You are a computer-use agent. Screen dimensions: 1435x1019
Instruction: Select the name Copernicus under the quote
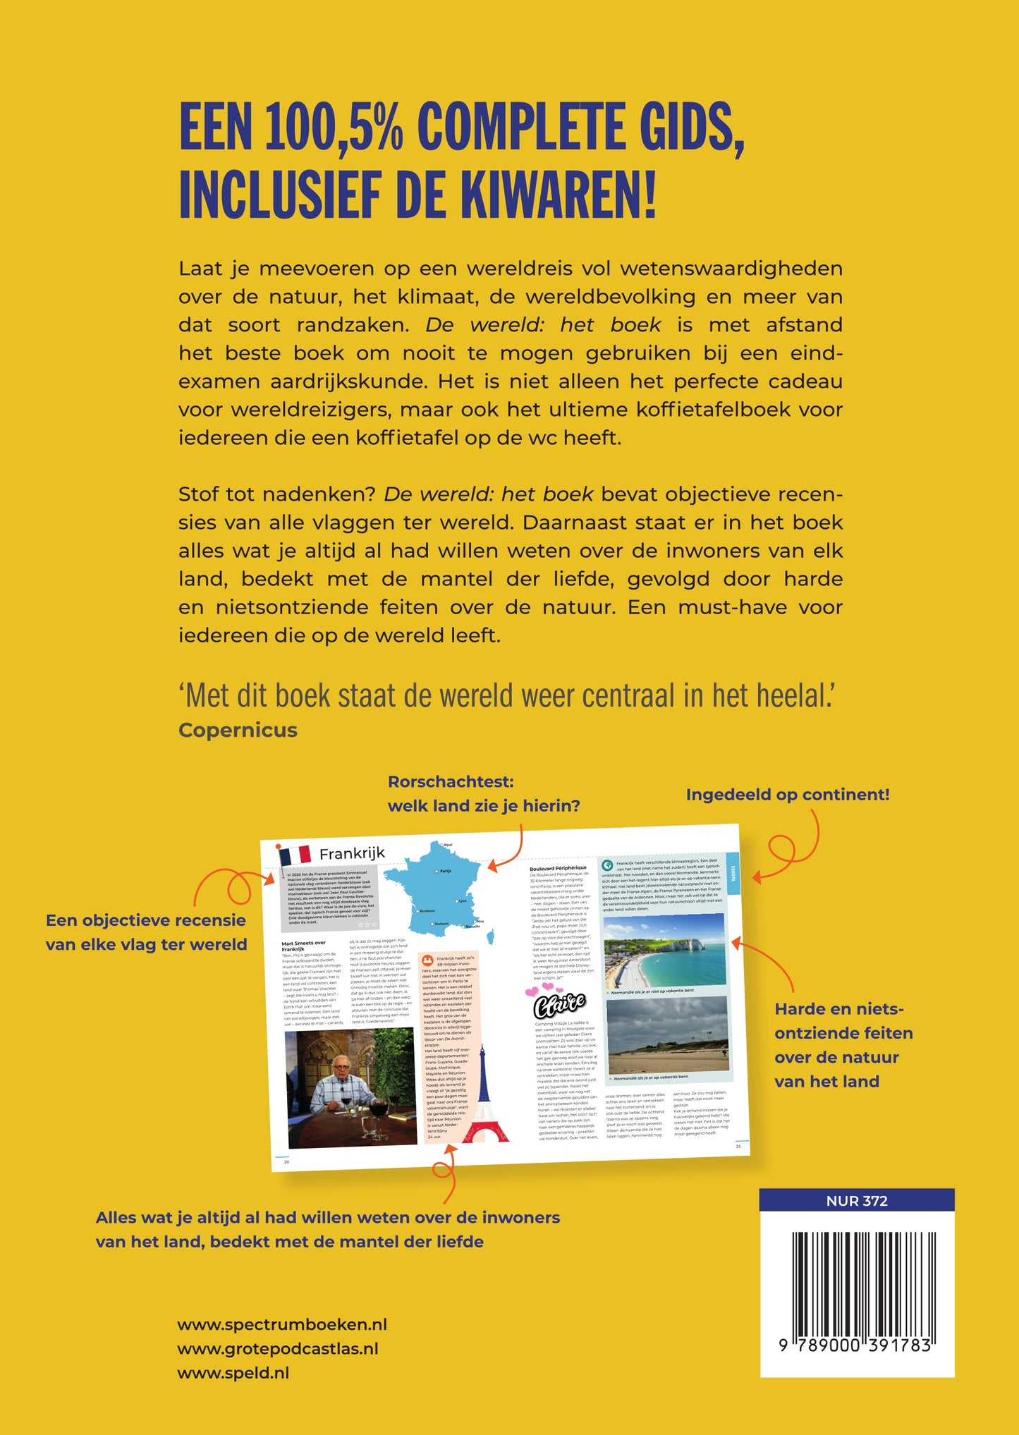238,730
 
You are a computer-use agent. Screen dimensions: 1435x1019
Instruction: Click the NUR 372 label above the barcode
856,1201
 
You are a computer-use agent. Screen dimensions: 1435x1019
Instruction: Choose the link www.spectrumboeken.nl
282,1324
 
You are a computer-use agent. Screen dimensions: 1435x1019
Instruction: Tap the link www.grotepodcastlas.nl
277,1348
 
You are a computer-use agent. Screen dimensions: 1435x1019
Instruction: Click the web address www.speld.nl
233,1372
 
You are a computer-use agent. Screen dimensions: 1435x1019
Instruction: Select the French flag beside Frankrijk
296,855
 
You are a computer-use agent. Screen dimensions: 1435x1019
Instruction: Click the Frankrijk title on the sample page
352,853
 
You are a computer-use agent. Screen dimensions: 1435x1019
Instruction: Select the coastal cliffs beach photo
664,949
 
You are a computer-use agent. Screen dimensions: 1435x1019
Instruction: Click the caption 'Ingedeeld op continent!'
787,795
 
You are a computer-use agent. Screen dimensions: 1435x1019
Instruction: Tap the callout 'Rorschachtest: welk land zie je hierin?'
484,793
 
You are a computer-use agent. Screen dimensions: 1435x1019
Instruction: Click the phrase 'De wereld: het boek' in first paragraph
543,324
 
